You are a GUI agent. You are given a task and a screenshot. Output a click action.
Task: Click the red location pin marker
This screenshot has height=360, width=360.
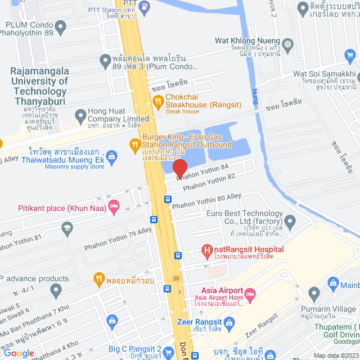(x=179, y=168)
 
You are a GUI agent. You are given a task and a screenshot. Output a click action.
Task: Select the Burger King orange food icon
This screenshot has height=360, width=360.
(x=134, y=145)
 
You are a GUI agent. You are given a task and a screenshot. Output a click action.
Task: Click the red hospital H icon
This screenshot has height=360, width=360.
(x=206, y=249)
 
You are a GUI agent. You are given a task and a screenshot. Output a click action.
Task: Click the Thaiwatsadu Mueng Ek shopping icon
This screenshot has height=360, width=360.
(x=111, y=156)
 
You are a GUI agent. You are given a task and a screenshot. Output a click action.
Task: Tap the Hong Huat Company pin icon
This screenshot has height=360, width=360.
(x=80, y=116)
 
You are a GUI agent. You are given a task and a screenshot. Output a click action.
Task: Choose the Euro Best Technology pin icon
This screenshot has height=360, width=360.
(x=290, y=220)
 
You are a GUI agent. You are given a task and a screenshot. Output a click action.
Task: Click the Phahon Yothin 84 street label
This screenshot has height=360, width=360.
(x=202, y=172)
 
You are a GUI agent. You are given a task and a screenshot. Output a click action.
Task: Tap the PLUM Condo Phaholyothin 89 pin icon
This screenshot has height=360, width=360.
(x=58, y=26)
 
